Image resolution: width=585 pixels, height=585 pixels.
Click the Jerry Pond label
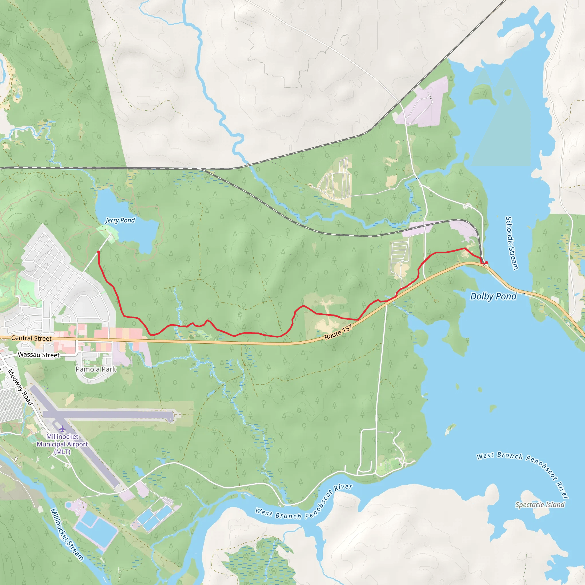tap(120, 220)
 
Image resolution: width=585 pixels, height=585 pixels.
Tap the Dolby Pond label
tap(493, 296)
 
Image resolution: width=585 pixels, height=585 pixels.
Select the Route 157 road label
tap(338, 332)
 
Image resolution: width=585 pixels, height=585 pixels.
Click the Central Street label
tap(31, 338)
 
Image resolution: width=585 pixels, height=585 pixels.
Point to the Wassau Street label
tap(39, 355)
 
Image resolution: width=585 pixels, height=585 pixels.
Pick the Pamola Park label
tap(96, 369)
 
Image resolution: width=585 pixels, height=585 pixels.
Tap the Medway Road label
tap(20, 387)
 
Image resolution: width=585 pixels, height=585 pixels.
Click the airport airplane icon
tap(62, 429)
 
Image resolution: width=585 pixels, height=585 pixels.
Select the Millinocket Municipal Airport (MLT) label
tap(62, 444)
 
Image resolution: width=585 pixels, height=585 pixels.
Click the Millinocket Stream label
tap(67, 535)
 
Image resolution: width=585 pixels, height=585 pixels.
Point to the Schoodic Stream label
tap(512, 243)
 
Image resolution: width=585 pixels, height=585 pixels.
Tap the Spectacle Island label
tap(540, 504)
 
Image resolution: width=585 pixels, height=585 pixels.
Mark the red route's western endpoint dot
tap(99, 252)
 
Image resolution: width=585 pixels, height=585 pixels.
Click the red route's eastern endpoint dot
tap(486, 263)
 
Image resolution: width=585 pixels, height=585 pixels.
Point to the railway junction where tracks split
tap(203, 169)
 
